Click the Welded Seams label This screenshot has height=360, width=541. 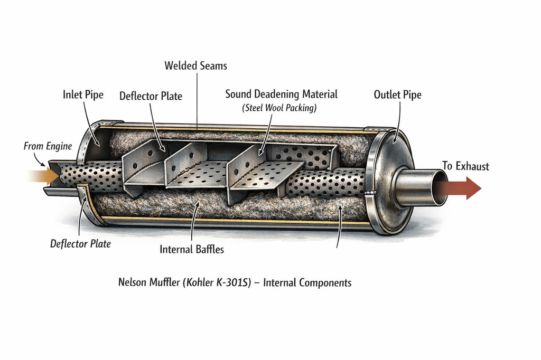coord(195,66)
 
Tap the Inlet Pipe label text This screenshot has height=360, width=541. coord(83,95)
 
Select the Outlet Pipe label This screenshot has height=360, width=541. coord(397,95)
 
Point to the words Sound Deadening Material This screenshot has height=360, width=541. coord(281,94)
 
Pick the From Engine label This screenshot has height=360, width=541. coord(48,146)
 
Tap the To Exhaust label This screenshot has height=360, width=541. coord(465,167)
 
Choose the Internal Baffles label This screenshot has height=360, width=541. coord(192,249)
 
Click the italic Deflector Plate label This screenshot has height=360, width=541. coord(80,244)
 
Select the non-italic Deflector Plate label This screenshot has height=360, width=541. coord(151,96)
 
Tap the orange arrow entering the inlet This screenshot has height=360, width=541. coord(43,175)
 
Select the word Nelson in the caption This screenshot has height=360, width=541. coord(133,282)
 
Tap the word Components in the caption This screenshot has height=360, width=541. coord(325,283)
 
